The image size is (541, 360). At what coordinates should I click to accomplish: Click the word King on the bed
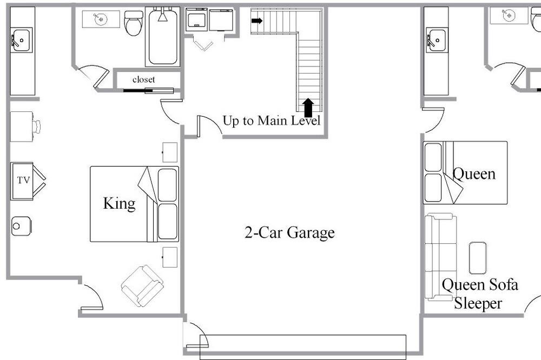pyautogui.click(x=120, y=203)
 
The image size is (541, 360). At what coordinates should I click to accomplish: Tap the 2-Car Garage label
pyautogui.click(x=289, y=232)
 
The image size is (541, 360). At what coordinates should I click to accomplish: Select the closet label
pyautogui.click(x=143, y=79)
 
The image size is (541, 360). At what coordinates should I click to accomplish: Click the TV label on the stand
pyautogui.click(x=23, y=180)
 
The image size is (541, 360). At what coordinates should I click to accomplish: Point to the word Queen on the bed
pyautogui.click(x=474, y=174)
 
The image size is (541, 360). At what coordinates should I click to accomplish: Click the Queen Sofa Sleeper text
pyautogui.click(x=479, y=294)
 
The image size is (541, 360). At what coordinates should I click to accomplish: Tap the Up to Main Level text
pyautogui.click(x=271, y=121)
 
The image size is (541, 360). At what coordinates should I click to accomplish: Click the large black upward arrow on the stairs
pyautogui.click(x=308, y=108)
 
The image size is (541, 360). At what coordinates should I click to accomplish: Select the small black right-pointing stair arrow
pyautogui.click(x=257, y=21)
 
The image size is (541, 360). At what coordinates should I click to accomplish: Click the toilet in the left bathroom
pyautogui.click(x=134, y=23)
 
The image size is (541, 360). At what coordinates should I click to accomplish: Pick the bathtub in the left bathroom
pyautogui.click(x=163, y=37)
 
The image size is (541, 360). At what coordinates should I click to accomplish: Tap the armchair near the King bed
pyautogui.click(x=142, y=286)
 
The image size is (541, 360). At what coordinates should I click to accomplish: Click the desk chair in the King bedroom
pyautogui.click(x=36, y=126)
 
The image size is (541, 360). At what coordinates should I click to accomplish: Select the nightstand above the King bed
pyautogui.click(x=170, y=152)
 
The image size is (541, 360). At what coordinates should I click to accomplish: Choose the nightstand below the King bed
pyautogui.click(x=170, y=257)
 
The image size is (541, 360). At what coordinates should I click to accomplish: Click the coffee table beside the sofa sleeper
pyautogui.click(x=478, y=258)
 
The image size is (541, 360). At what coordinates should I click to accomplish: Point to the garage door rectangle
pyautogui.click(x=303, y=347)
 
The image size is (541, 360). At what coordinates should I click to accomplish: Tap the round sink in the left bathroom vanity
pyautogui.click(x=101, y=19)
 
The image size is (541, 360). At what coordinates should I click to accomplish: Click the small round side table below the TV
pyautogui.click(x=22, y=226)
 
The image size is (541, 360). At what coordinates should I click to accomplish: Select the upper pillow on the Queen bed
pyautogui.click(x=433, y=157)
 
